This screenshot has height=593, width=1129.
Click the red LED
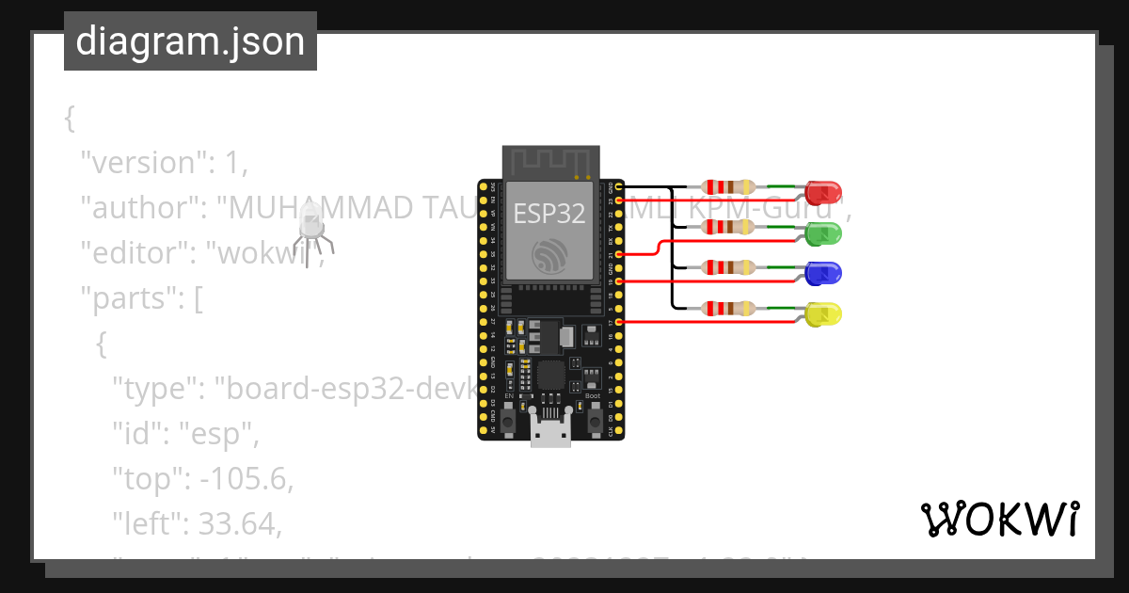(823, 193)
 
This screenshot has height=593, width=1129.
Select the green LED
(823, 233)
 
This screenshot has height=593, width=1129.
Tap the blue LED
(823, 274)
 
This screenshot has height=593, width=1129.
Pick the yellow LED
(823, 314)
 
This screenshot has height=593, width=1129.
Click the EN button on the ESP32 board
(509, 421)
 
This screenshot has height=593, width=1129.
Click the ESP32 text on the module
(549, 214)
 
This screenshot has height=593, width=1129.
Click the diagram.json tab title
(190, 41)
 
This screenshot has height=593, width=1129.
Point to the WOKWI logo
(999, 520)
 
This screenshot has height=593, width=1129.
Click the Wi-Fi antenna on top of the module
(550, 162)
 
